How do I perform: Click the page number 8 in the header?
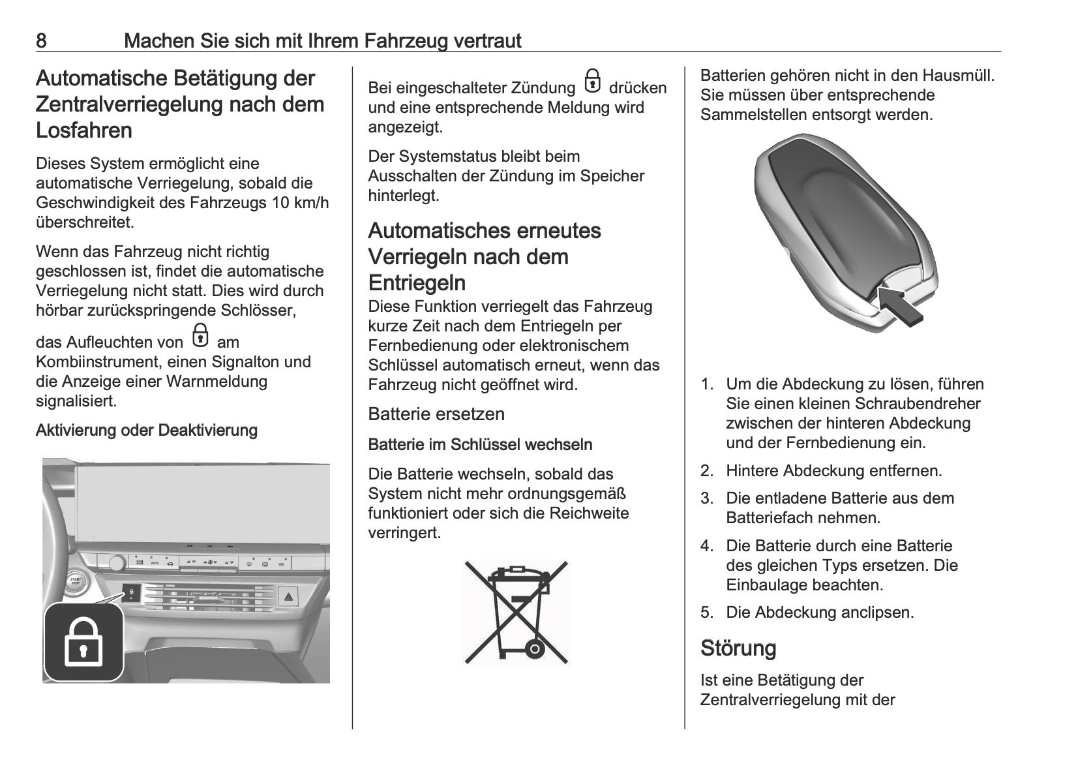[x=41, y=41]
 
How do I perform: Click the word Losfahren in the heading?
[x=84, y=130]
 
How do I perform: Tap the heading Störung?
[x=738, y=648]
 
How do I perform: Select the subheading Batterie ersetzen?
[x=436, y=414]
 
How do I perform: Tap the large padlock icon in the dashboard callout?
[x=83, y=643]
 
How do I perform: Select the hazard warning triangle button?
[x=288, y=596]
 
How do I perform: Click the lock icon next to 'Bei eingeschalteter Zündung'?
[x=591, y=82]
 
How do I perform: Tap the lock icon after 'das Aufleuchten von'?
[x=200, y=336]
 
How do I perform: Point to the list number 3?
[x=707, y=499]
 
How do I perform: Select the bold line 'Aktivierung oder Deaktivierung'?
[x=147, y=431]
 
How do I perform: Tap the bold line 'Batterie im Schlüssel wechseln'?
[x=480, y=445]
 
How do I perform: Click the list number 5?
[x=707, y=613]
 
